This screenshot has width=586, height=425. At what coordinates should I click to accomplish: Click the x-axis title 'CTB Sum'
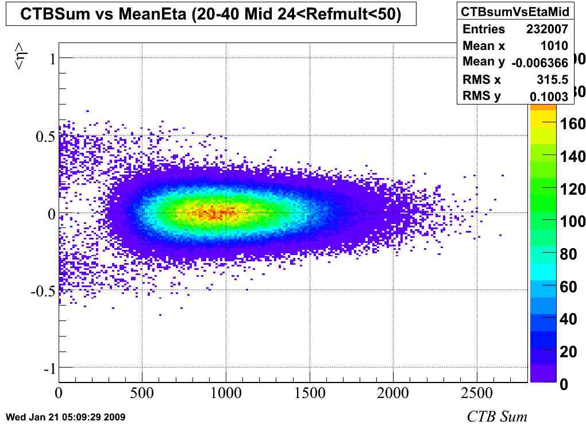tap(496, 416)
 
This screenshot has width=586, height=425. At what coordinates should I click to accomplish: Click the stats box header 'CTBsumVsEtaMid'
tap(515, 12)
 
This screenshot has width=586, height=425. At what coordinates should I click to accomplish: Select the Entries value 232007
tap(547, 29)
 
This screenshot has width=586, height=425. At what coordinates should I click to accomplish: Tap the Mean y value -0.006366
tap(539, 63)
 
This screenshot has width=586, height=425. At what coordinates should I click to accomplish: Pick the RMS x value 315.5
tap(552, 80)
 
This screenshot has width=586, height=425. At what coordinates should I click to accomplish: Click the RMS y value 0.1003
tap(549, 96)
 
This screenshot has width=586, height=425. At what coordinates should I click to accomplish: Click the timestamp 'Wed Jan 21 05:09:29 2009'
tap(64, 416)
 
